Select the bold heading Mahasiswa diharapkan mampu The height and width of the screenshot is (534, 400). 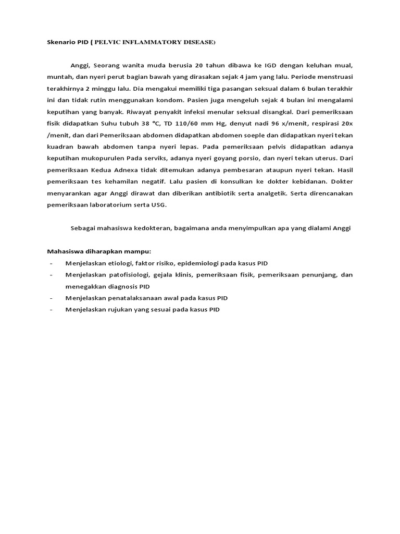98,251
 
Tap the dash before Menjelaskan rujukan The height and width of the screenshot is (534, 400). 51,310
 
